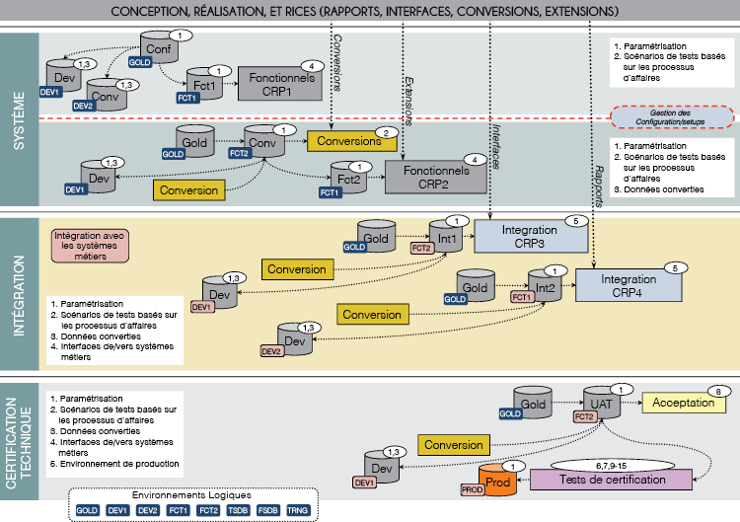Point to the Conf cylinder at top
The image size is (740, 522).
coord(158,49)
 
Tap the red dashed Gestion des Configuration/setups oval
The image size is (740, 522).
coord(671,116)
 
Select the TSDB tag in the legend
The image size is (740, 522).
coord(238,511)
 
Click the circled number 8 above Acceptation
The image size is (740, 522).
coord(720,391)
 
